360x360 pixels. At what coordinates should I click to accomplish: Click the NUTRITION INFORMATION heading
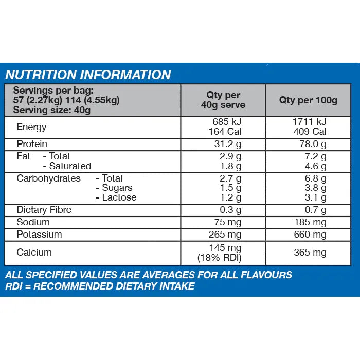(88, 75)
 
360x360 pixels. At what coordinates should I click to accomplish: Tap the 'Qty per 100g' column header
(308, 100)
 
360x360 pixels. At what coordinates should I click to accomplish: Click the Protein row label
(32, 144)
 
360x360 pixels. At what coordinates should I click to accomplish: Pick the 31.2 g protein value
(228, 145)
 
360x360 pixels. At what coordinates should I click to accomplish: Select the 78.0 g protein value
(313, 145)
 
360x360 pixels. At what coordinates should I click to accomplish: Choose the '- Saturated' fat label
(67, 166)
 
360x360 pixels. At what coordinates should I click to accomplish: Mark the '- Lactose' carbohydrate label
(116, 197)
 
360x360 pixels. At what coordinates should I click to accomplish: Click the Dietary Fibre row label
(44, 210)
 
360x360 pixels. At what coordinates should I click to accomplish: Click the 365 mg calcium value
(310, 253)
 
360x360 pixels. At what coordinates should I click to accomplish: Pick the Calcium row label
(34, 253)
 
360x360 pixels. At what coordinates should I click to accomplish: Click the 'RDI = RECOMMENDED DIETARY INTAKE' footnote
(100, 286)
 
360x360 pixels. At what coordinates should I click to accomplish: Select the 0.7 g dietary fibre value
(315, 210)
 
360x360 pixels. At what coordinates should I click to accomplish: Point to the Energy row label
(31, 127)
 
